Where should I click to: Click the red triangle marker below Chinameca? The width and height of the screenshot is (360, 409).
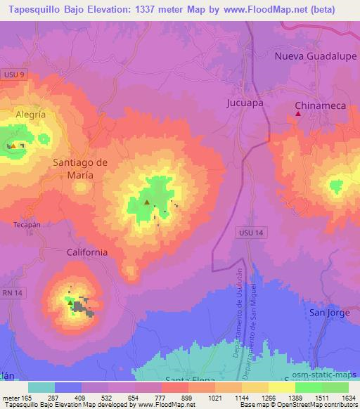[299, 114]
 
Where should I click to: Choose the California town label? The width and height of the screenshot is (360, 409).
[86, 252]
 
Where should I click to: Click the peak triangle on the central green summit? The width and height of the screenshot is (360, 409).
[147, 202]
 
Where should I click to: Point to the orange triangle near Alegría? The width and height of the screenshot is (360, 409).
[13, 146]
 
